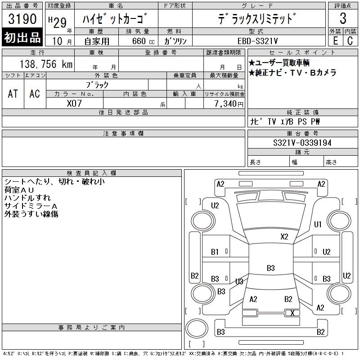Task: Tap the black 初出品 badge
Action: point(22,38)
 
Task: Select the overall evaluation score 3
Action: point(343,19)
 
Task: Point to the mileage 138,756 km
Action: point(45,64)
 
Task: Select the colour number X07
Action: point(74,103)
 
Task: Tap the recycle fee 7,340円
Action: point(229,103)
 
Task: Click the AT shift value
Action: point(13,93)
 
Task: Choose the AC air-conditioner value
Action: point(35,93)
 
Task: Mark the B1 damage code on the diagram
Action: point(215,252)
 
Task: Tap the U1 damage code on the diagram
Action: point(318,224)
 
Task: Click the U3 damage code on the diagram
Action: point(239,282)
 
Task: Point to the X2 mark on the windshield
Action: point(284,236)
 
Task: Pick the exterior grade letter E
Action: point(335,40)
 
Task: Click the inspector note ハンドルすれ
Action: point(27,198)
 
